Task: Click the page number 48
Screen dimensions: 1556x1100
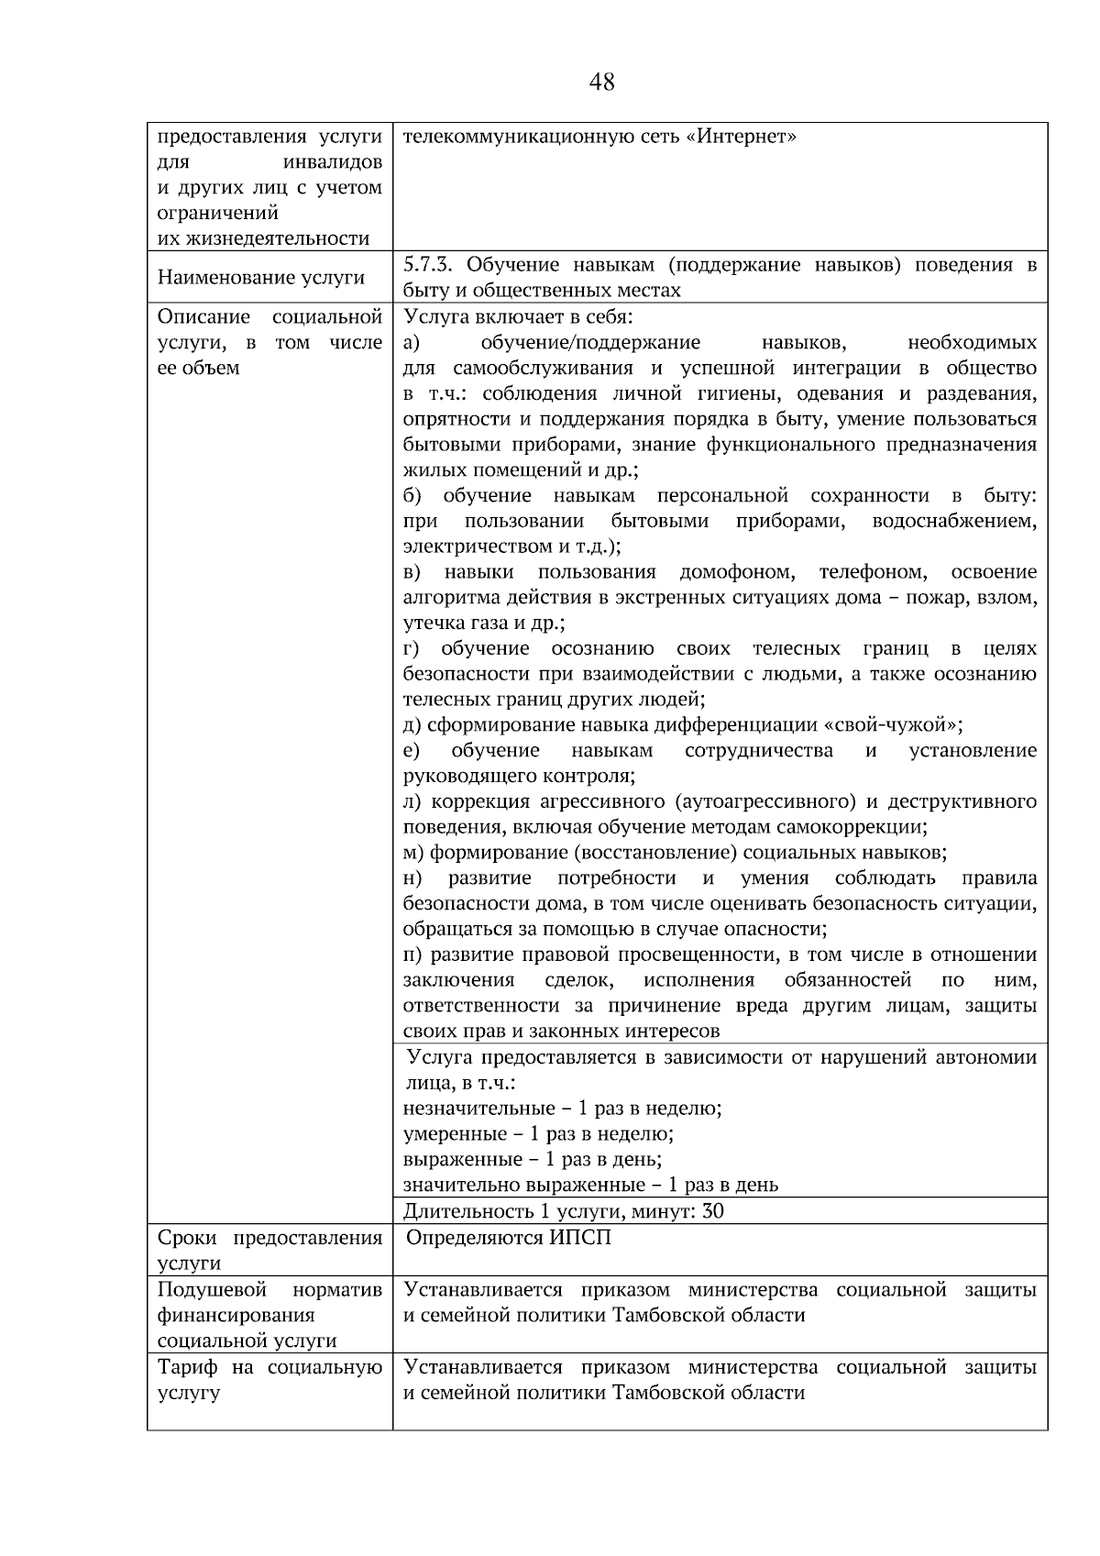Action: click(x=602, y=83)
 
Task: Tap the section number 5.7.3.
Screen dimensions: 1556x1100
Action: click(x=429, y=265)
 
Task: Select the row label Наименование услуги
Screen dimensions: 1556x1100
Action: click(x=261, y=278)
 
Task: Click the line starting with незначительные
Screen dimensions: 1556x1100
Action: click(x=562, y=1108)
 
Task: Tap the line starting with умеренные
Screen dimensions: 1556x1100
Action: click(x=538, y=1133)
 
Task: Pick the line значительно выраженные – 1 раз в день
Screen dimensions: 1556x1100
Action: click(x=590, y=1185)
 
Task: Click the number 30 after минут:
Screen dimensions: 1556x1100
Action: click(x=711, y=1211)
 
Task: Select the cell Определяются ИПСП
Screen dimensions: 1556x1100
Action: click(x=509, y=1238)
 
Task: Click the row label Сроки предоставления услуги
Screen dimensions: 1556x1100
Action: click(x=269, y=1250)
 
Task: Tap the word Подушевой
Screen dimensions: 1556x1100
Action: click(x=212, y=1289)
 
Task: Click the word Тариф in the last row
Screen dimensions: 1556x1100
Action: click(x=188, y=1367)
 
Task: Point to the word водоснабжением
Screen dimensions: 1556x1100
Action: click(x=954, y=522)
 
